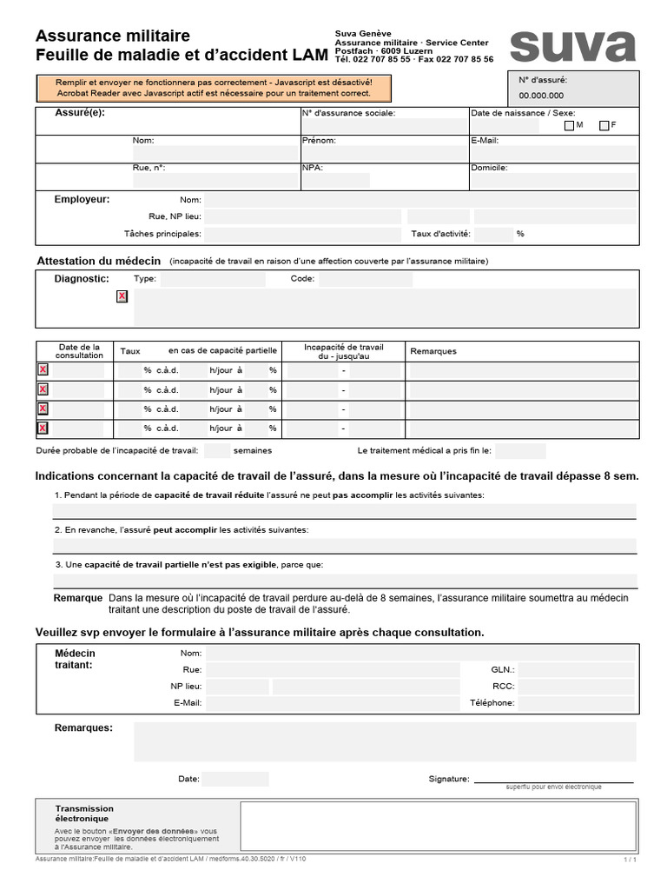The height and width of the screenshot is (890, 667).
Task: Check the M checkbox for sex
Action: pyautogui.click(x=569, y=126)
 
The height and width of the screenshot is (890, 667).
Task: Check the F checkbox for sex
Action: pyautogui.click(x=604, y=126)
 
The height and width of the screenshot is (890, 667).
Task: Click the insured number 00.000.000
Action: pyautogui.click(x=541, y=96)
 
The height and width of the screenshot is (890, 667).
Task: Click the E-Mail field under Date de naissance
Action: pyautogui.click(x=553, y=153)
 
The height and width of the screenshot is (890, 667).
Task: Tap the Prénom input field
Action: pyautogui.click(x=383, y=153)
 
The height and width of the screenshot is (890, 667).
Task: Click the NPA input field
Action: pyautogui.click(x=335, y=181)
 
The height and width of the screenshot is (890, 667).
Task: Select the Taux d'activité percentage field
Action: pyautogui.click(x=493, y=234)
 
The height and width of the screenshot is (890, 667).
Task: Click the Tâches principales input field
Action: pyautogui.click(x=301, y=234)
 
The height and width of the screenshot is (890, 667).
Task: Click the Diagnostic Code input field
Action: pyautogui.click(x=365, y=280)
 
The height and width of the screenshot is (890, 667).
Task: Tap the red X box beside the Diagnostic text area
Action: pyautogui.click(x=122, y=296)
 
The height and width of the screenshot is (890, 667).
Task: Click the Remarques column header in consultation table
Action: pyautogui.click(x=433, y=351)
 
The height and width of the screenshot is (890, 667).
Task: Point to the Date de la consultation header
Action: pyautogui.click(x=78, y=350)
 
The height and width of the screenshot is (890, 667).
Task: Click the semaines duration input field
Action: pyautogui.click(x=217, y=451)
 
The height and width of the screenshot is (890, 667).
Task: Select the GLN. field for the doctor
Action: pyautogui.click(x=577, y=670)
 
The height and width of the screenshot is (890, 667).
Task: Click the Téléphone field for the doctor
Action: pyautogui.click(x=577, y=703)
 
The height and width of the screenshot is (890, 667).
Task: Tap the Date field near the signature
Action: pyautogui.click(x=235, y=780)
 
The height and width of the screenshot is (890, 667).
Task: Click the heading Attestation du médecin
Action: pyautogui.click(x=98, y=261)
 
